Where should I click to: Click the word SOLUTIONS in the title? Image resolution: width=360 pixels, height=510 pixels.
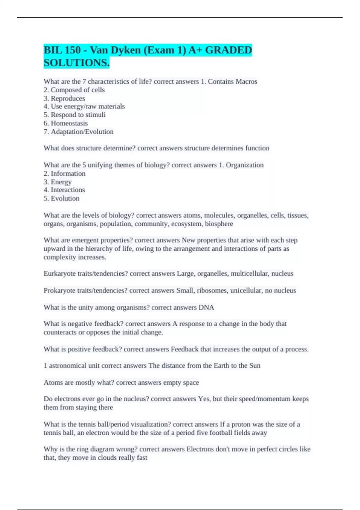click(76, 63)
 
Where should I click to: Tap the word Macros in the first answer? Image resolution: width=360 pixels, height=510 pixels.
click(246, 81)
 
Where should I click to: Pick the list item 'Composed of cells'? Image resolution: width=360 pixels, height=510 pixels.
click(78, 90)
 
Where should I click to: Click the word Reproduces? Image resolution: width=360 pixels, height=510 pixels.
click(68, 98)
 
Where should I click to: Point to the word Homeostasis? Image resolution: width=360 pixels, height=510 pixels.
click(69, 123)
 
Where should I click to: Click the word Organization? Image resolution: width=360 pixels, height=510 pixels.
click(244, 165)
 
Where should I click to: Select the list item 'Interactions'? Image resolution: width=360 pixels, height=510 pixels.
click(68, 190)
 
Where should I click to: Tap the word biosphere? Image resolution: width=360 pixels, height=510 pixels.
click(219, 224)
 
